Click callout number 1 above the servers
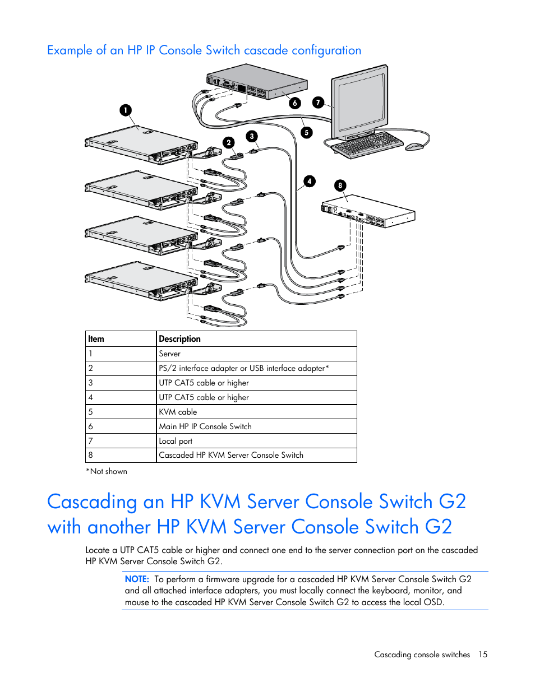point(126,110)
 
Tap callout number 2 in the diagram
point(229,142)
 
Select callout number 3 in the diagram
point(252,136)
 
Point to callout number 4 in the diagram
point(310,181)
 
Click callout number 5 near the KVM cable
point(306,133)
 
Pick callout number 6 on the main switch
point(295,103)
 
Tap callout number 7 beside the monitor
point(319,103)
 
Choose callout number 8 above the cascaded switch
point(340,185)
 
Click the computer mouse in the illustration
point(414,147)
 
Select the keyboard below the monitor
point(368,144)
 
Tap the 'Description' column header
point(179,339)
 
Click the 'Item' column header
point(96,339)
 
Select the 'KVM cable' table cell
point(178,412)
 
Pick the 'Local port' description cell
point(176,441)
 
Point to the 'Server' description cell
point(169,354)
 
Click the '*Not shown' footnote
point(107,471)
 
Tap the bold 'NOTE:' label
point(137,579)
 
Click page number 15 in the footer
point(483,654)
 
